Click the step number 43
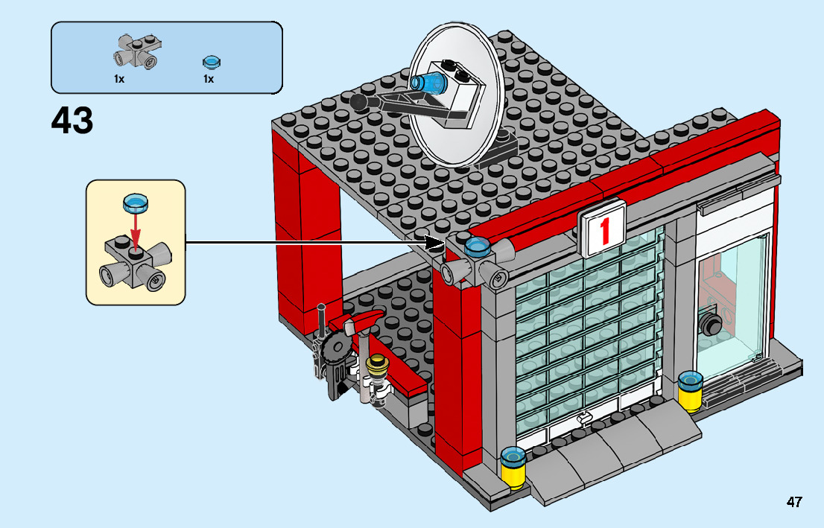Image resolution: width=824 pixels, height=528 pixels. pyautogui.click(x=72, y=121)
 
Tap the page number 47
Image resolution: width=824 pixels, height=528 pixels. pyautogui.click(x=794, y=502)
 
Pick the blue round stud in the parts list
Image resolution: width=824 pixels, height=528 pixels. pyautogui.click(x=211, y=62)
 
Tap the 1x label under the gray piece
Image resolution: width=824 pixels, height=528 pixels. pyautogui.click(x=119, y=78)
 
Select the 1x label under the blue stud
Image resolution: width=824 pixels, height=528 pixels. pyautogui.click(x=208, y=78)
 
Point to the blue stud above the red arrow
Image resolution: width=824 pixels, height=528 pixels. pyautogui.click(x=135, y=201)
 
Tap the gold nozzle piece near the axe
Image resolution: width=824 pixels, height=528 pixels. pyautogui.click(x=378, y=366)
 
